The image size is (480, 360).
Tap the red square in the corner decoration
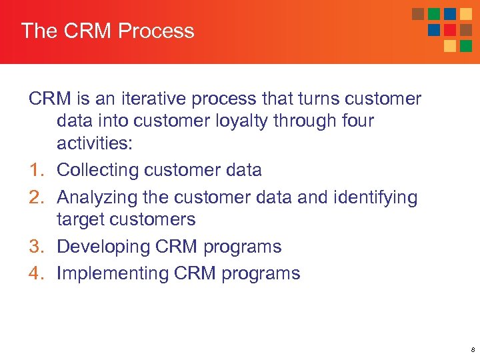coord(450,30)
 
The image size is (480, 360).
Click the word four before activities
coord(355,121)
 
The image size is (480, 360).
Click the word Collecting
coord(101,171)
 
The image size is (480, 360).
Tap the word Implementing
coord(113,273)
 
